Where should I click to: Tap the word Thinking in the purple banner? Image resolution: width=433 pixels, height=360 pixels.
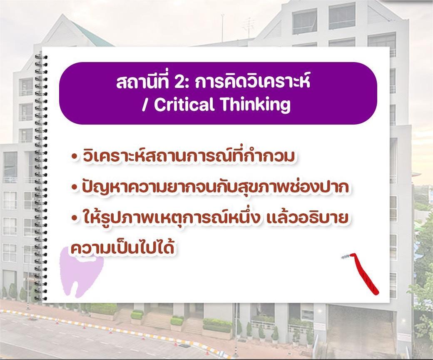[256, 105]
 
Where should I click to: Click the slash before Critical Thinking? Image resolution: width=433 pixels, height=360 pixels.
[144, 105]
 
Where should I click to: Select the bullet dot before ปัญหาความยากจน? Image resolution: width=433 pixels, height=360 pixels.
[73, 187]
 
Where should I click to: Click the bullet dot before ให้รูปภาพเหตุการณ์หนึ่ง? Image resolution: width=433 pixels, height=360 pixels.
[73, 218]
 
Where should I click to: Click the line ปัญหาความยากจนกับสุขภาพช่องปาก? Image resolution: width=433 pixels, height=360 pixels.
[216, 186]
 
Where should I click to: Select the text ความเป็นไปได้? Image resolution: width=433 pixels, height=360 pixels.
[122, 247]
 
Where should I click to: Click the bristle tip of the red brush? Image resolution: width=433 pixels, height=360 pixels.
[345, 257]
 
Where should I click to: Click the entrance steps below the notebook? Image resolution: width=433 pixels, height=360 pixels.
[163, 322]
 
